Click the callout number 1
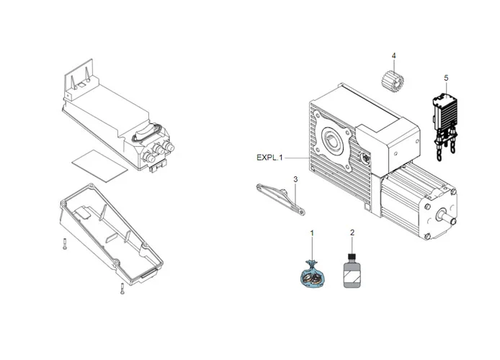coord(311,233)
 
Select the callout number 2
coord(352,233)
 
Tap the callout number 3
coord(295,178)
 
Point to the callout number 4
coord(393,55)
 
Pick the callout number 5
coord(446,77)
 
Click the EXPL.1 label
coord(271,157)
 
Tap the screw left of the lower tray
coord(64,244)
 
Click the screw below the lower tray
coord(121,289)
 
